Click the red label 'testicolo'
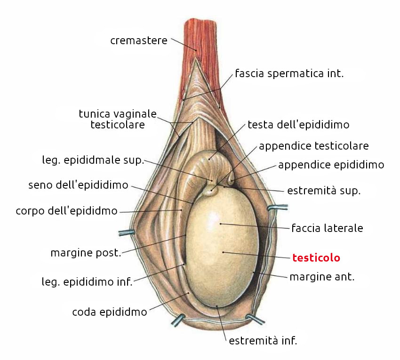pyautogui.click(x=316, y=258)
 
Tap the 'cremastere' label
pyautogui.click(x=139, y=40)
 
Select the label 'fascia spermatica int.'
pyautogui.click(x=289, y=73)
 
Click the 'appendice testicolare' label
pyautogui.click(x=314, y=146)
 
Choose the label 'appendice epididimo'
pyautogui.click(x=331, y=165)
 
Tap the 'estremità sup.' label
pyautogui.click(x=324, y=192)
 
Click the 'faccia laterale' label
pyautogui.click(x=327, y=229)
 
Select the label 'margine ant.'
pyautogui.click(x=322, y=277)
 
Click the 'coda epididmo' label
pyautogui.click(x=110, y=312)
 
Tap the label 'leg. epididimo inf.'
pyautogui.click(x=88, y=282)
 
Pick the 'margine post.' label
pyautogui.click(x=86, y=253)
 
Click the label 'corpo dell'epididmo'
pyautogui.click(x=66, y=211)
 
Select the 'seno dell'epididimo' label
pyautogui.click(x=78, y=185)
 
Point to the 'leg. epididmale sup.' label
pyautogui.click(x=93, y=160)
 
